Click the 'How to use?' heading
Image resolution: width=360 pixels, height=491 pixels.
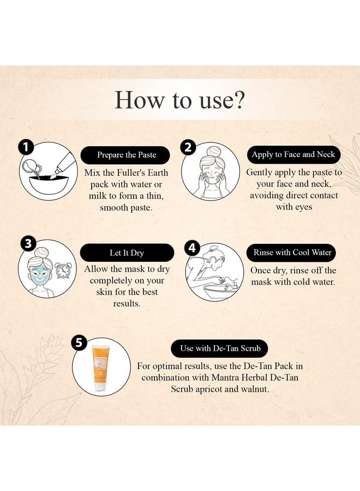(179, 99)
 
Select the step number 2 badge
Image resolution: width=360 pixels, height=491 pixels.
(188, 147)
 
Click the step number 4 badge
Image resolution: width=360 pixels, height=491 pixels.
(192, 248)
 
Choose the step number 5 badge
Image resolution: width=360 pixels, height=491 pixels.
(79, 343)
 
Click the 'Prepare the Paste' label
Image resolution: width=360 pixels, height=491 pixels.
(127, 155)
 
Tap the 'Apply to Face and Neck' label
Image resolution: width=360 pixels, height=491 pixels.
(293, 154)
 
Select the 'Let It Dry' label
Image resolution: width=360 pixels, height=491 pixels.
(127, 253)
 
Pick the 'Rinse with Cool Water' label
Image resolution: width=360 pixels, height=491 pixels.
(293, 253)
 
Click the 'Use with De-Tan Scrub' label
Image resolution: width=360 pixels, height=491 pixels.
(216, 348)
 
